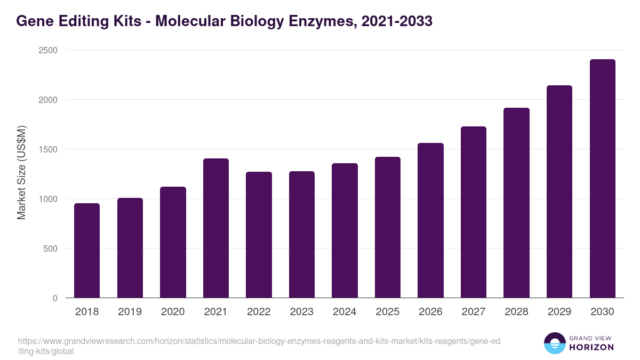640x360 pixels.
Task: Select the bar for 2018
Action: point(87,251)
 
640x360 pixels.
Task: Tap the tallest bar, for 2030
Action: point(602,179)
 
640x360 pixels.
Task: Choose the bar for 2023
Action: point(302,235)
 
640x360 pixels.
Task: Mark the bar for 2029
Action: point(559,191)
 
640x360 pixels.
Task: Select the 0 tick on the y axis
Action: point(55,298)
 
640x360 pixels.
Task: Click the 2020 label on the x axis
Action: point(173,312)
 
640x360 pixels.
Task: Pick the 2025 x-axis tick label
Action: point(388,312)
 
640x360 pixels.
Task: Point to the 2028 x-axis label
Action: point(516,312)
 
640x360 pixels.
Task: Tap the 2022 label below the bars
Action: point(259,312)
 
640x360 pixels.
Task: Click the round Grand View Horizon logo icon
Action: point(555,343)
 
